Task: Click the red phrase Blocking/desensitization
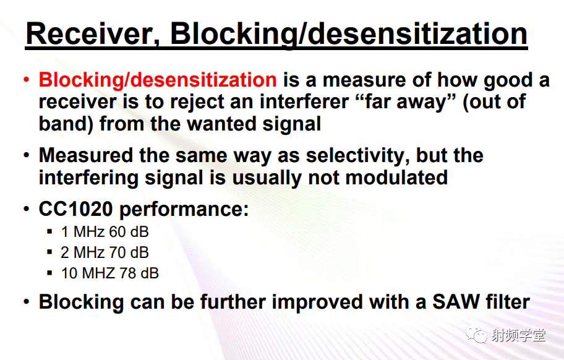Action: tap(158, 80)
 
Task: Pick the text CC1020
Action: tap(75, 209)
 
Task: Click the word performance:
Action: tap(184, 210)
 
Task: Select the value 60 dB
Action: tap(129, 231)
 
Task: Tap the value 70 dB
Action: tap(129, 252)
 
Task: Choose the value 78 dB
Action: tap(139, 273)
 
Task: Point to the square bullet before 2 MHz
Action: tap(49, 252)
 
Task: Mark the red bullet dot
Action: tap(26, 79)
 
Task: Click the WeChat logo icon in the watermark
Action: tap(476, 334)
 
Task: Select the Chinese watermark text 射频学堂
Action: tap(518, 335)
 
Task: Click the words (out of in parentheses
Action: tap(494, 102)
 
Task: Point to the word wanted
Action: tap(221, 124)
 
